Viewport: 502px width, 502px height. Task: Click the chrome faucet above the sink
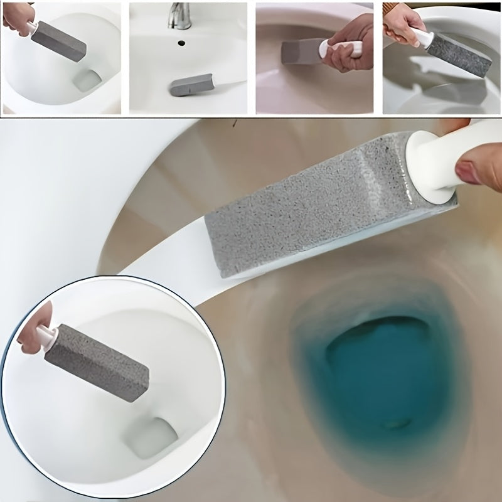[x=179, y=15]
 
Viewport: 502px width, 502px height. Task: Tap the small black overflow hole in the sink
[x=181, y=43]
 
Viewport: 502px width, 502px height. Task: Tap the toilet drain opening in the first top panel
[x=85, y=80]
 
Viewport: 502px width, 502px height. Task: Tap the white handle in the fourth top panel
[x=424, y=38]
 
